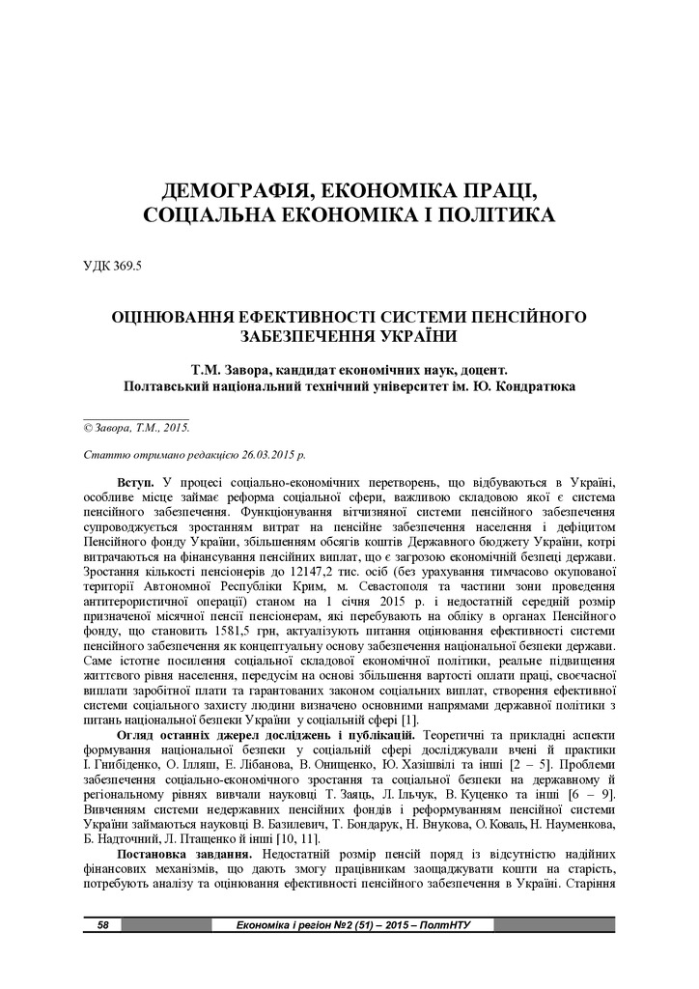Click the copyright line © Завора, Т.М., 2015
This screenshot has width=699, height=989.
tap(136, 426)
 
